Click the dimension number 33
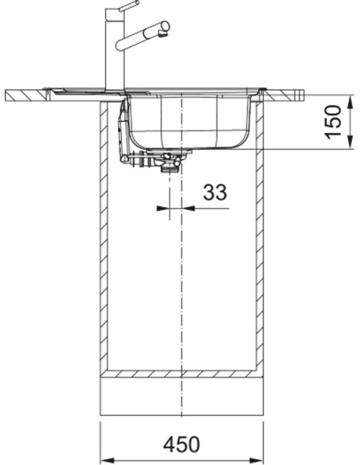coord(215,192)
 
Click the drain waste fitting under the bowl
coord(169,164)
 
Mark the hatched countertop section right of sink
coord(287,96)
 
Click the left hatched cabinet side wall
coord(104,239)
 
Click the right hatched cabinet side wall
coord(260,239)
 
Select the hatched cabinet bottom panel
coord(182,374)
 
